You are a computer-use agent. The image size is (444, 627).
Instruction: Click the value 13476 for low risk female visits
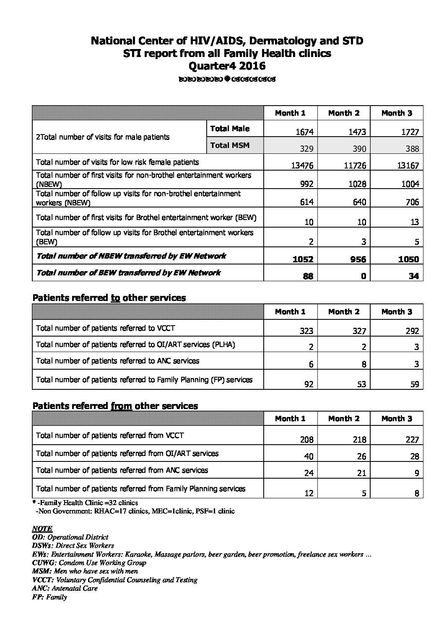(302, 166)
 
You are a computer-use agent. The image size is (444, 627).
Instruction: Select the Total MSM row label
(230, 145)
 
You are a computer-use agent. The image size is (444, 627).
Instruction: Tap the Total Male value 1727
(410, 132)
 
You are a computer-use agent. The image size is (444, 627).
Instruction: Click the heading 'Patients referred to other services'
(109, 298)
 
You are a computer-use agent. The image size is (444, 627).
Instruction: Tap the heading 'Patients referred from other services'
(115, 406)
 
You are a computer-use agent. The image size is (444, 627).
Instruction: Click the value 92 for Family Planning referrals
(309, 384)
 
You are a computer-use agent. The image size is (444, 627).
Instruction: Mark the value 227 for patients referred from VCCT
(412, 440)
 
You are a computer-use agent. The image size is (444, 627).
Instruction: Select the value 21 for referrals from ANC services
(361, 473)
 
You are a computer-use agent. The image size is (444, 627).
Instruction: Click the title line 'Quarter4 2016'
(227, 66)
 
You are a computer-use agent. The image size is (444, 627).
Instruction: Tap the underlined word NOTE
(42, 529)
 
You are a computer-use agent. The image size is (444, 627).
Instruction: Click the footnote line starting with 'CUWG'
(89, 563)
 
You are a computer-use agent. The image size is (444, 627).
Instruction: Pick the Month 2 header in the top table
(344, 113)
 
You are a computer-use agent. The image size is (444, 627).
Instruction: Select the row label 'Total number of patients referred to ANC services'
(118, 361)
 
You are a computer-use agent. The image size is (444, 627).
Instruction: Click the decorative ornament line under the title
(227, 79)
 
